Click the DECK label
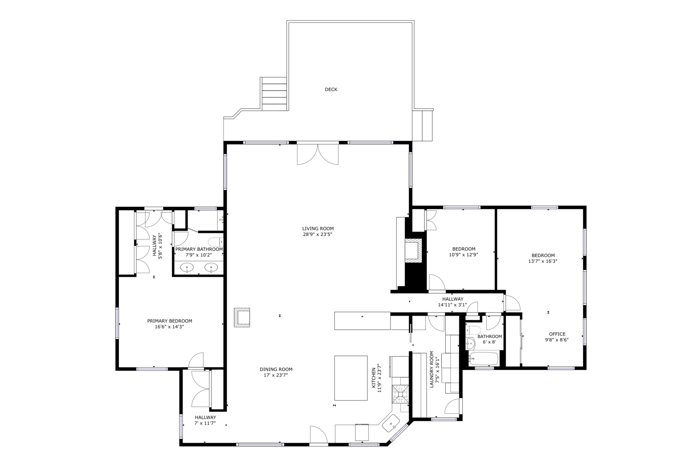click(331, 90)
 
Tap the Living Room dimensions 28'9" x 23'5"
click(318, 234)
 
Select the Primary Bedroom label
click(169, 321)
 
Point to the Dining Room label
click(276, 369)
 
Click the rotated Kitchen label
click(374, 378)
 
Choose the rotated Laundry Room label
click(432, 369)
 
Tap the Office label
click(557, 334)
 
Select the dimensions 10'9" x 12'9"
click(464, 255)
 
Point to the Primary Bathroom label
click(199, 249)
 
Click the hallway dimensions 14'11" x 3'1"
click(452, 305)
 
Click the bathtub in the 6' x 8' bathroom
click(483, 359)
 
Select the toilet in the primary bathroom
click(215, 242)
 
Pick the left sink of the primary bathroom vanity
click(187, 268)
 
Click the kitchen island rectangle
click(351, 378)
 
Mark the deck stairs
click(274, 94)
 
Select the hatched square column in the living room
click(242, 318)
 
